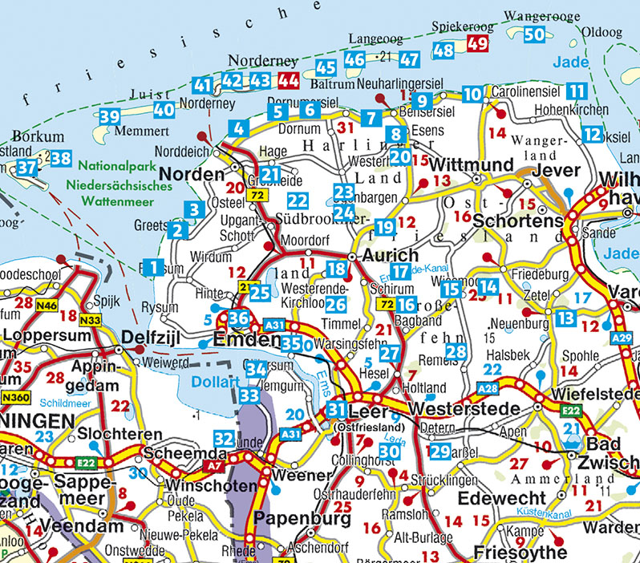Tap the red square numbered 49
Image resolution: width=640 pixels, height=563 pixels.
click(477, 43)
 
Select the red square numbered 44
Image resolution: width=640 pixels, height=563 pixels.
click(288, 80)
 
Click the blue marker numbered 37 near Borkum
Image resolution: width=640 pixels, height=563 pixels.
click(26, 168)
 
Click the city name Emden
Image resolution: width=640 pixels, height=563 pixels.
click(248, 339)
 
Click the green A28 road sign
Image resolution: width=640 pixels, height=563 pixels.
click(487, 389)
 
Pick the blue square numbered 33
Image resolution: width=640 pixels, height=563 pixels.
click(249, 396)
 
